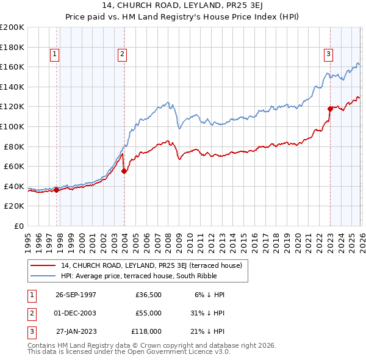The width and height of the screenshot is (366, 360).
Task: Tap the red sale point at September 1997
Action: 57,190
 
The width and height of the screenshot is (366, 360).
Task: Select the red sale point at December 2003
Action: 124,171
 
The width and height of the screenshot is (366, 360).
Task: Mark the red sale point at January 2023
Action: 330,109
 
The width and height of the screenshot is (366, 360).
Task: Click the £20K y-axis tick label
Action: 14,206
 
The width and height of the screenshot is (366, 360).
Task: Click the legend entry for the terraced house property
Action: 152,265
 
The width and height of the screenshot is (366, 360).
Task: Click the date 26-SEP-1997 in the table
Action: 76,294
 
